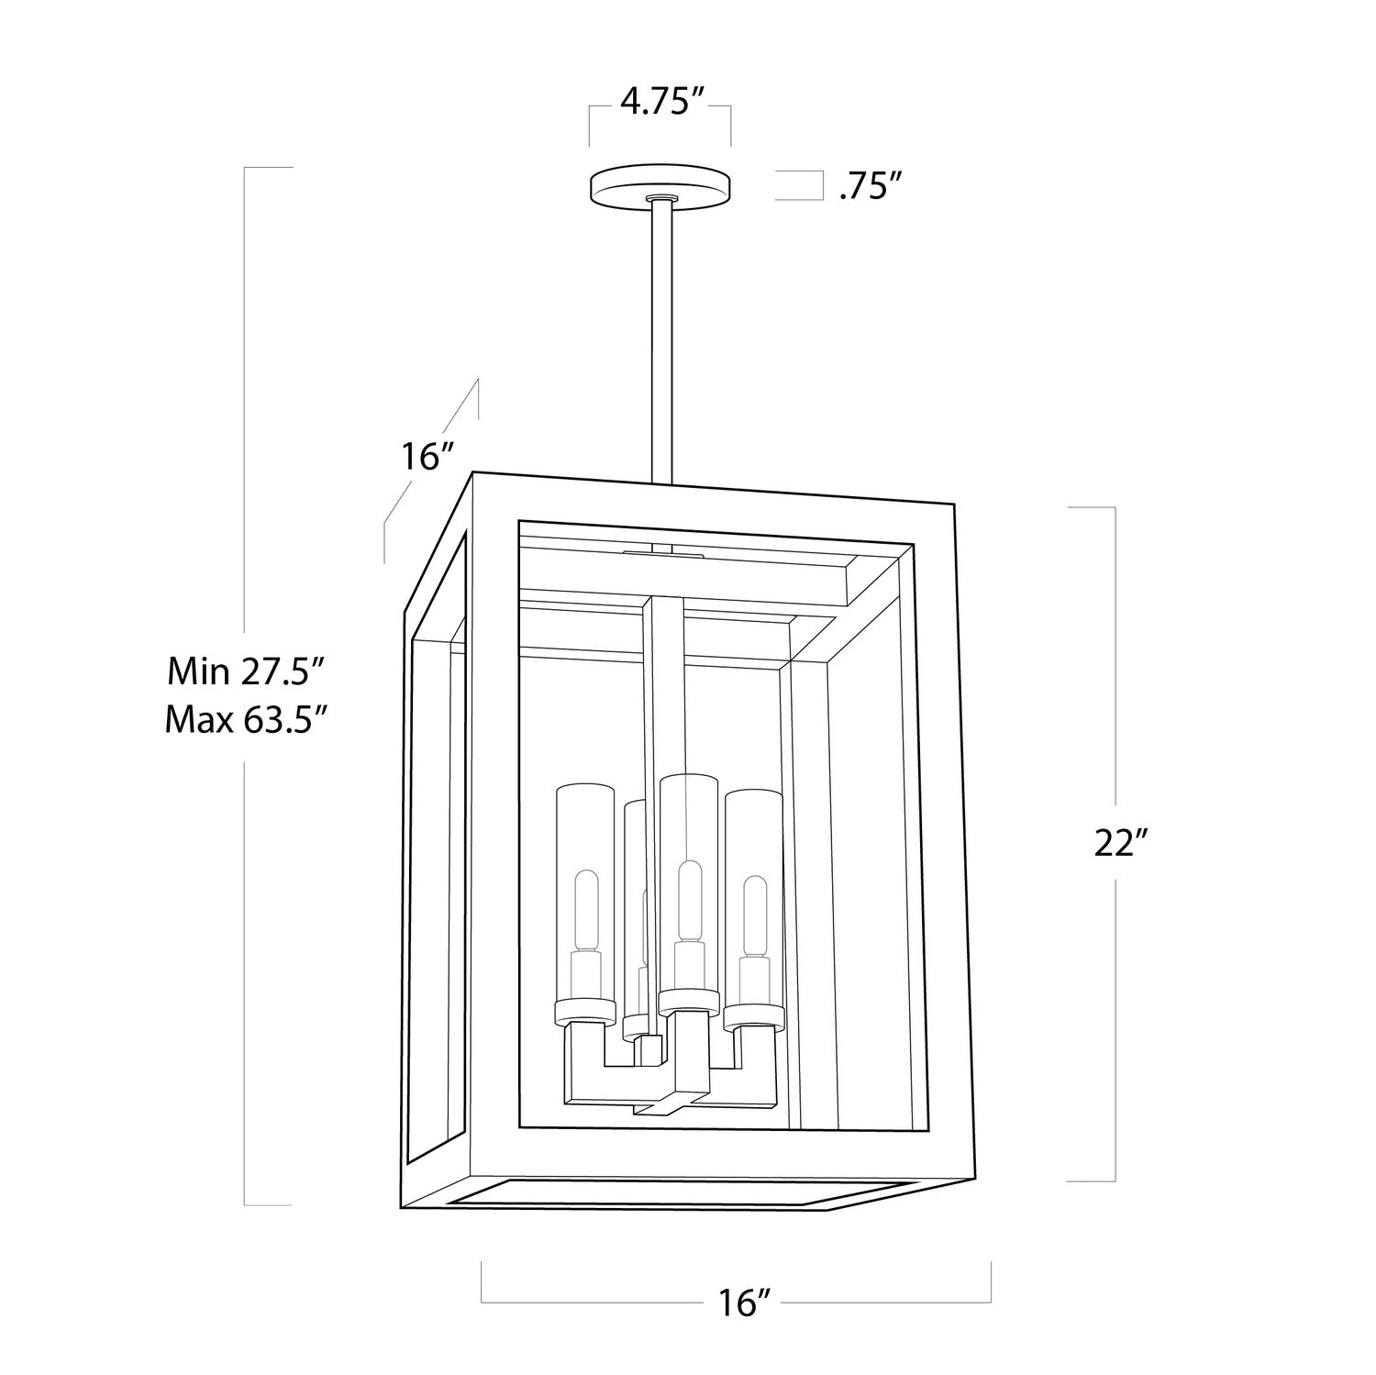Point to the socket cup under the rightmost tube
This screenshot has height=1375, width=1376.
coord(753,1015)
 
